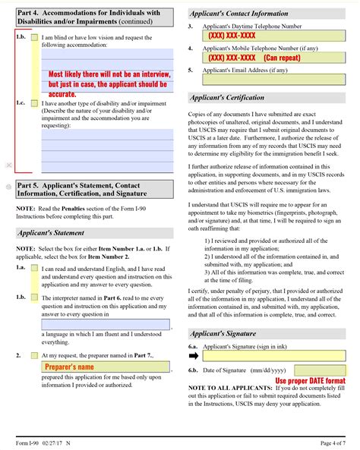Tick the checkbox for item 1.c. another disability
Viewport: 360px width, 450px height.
coord(35,104)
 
